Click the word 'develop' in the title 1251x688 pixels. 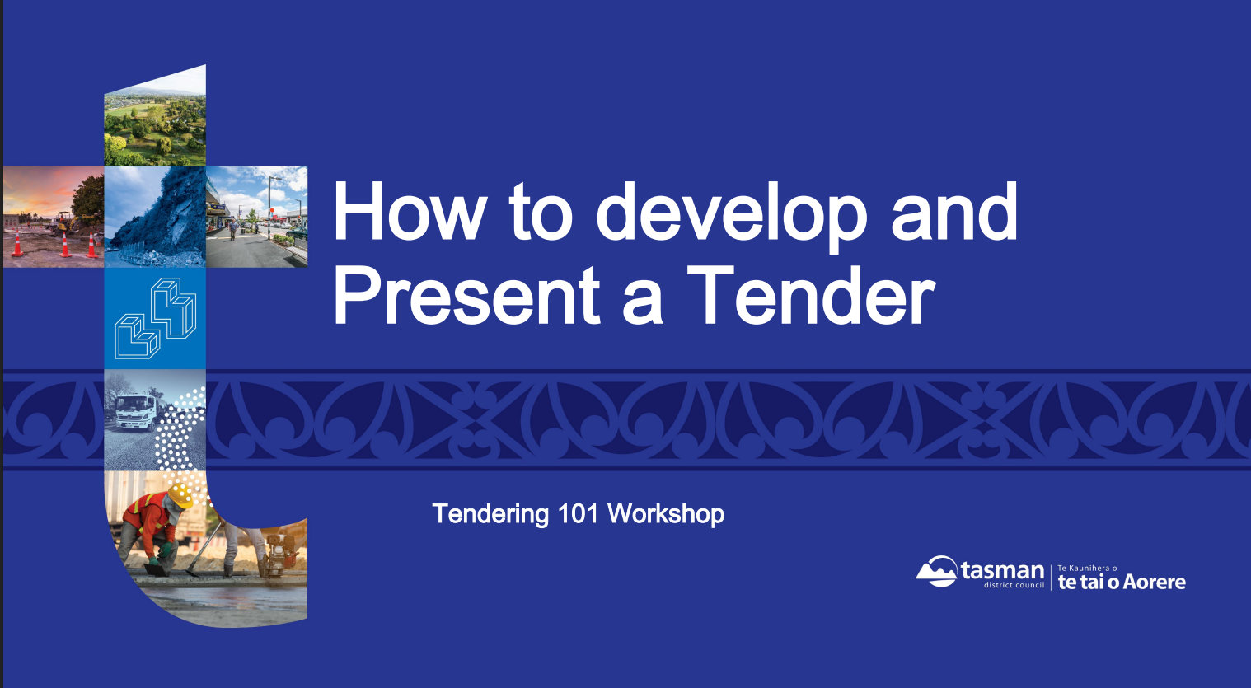coord(732,217)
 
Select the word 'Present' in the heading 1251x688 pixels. coord(466,294)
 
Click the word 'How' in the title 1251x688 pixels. coord(408,211)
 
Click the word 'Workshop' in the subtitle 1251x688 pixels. coord(666,514)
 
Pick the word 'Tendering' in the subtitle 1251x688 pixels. coord(490,515)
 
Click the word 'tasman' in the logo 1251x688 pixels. coord(1002,571)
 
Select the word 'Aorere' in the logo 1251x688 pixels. coord(1154,583)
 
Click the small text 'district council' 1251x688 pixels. coord(1014,585)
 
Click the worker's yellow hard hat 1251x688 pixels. coord(180,495)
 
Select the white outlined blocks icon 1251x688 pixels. coord(155,318)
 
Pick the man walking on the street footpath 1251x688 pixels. coord(232,229)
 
